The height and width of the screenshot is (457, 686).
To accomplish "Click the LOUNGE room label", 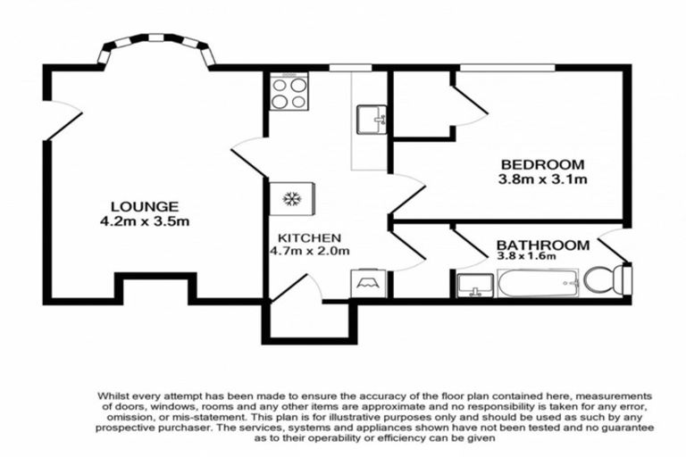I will click(x=144, y=206).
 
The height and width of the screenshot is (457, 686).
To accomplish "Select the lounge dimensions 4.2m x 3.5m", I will click(x=144, y=220).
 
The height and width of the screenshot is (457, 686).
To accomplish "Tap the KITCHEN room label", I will click(x=309, y=238).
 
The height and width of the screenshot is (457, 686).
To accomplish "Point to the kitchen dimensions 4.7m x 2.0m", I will click(x=309, y=252).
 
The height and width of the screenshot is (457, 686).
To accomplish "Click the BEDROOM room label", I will click(x=542, y=164).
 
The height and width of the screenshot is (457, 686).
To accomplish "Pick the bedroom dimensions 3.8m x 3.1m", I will click(x=542, y=179).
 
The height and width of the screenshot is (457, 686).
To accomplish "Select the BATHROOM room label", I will click(x=542, y=245).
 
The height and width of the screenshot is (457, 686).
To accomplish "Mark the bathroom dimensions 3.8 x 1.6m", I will click(x=526, y=257).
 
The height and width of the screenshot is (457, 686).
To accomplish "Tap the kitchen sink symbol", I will click(x=371, y=119).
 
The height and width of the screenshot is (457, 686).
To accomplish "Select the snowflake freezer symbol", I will click(x=290, y=198).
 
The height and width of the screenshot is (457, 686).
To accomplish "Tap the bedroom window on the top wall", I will click(x=506, y=67).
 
